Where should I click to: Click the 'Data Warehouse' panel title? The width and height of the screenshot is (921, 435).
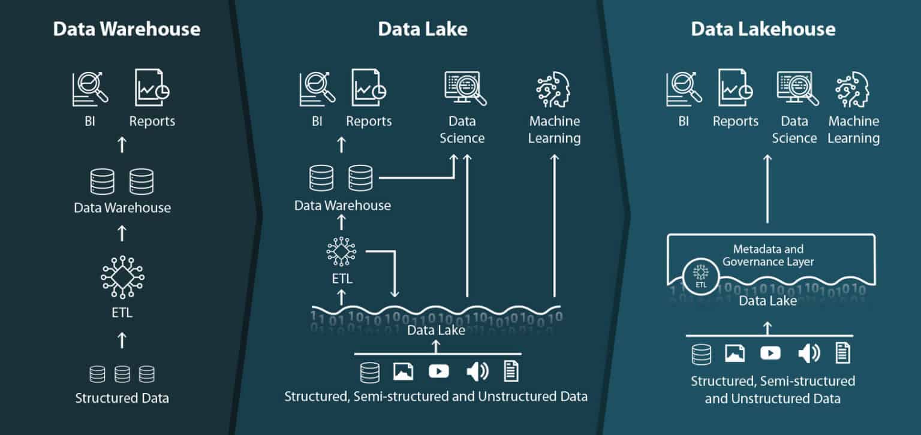tap(127, 29)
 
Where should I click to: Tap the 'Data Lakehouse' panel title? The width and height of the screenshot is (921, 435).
tap(763, 29)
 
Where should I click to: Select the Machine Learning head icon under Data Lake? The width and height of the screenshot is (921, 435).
tap(553, 89)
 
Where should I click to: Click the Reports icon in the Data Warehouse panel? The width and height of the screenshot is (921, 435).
tap(152, 87)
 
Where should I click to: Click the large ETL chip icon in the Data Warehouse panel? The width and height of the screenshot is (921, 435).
tap(122, 277)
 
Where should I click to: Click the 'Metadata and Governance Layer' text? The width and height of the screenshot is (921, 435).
tap(768, 255)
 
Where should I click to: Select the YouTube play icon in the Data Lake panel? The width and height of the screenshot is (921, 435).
tap(439, 371)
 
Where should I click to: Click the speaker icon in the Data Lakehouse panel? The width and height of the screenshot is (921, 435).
tap(809, 353)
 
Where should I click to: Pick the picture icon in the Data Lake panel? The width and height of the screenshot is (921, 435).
tap(403, 371)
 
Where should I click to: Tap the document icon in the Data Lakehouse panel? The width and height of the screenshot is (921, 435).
tap(842, 353)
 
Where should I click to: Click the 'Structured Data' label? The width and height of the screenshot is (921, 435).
tap(122, 398)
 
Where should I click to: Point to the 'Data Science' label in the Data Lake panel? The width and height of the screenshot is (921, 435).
tap(462, 129)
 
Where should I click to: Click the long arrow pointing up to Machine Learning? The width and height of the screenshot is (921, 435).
tap(554, 225)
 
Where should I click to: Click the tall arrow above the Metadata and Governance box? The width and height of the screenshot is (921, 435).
tap(767, 189)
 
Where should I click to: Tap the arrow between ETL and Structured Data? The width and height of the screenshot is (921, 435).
tap(122, 340)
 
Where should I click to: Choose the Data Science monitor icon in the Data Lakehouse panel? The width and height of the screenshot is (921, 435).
tap(797, 89)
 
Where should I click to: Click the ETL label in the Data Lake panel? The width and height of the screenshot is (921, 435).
tap(342, 279)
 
